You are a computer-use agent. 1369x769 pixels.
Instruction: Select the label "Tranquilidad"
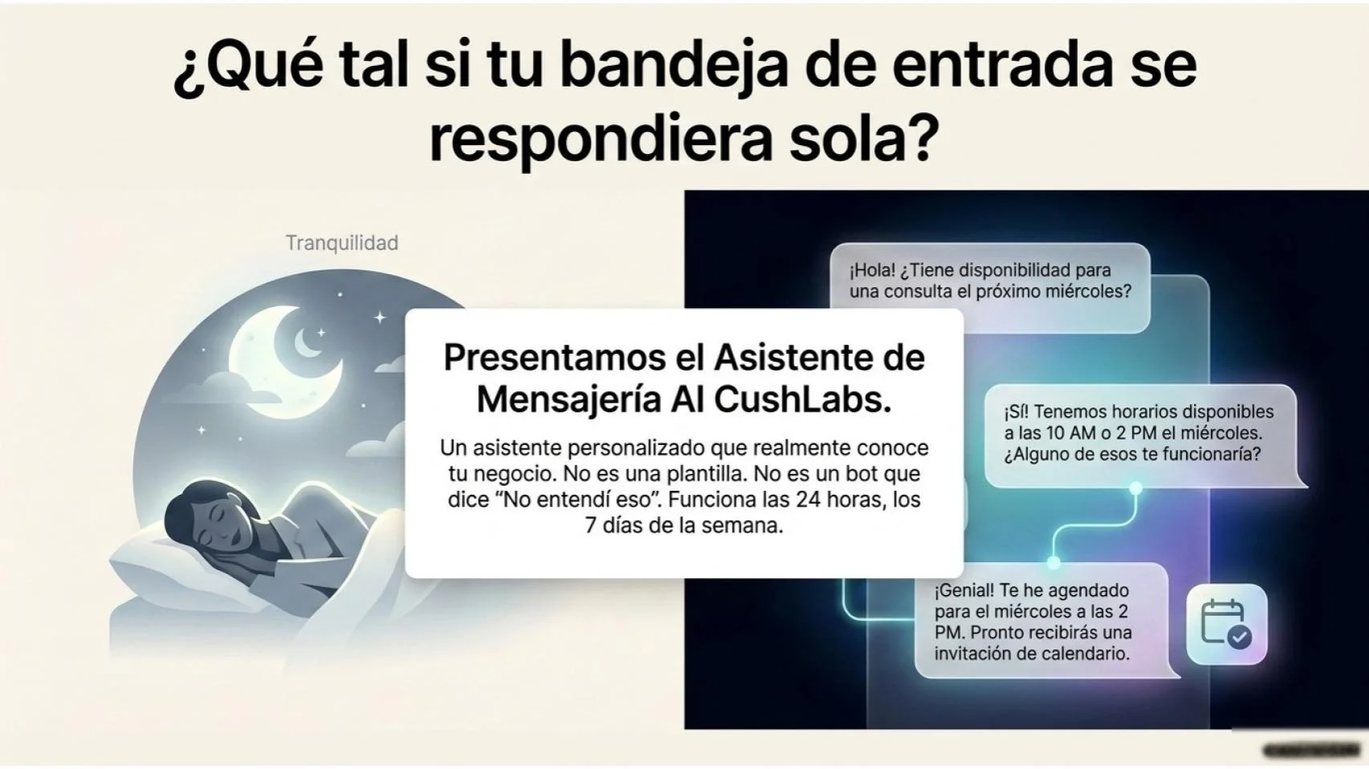tap(342, 243)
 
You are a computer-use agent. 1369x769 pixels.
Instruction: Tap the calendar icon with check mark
tap(1225, 624)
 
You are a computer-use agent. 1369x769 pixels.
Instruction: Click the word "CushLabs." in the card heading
tap(802, 399)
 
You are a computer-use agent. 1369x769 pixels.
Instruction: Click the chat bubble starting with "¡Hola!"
tap(989, 285)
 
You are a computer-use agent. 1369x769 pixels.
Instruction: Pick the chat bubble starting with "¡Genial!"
tap(1043, 621)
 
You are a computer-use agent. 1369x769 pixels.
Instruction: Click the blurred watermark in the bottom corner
tap(1310, 751)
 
